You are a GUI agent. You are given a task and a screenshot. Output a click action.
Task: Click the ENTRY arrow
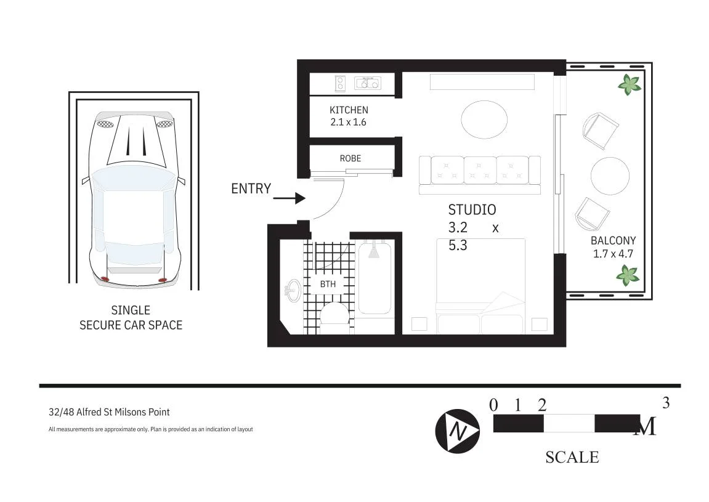[x=290, y=198]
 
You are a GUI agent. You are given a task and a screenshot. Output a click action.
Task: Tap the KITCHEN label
[x=349, y=110]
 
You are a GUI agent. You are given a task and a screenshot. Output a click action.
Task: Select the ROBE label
[x=350, y=158]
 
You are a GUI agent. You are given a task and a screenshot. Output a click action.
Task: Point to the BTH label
[x=328, y=284]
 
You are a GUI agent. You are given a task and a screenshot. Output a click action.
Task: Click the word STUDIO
[x=472, y=210]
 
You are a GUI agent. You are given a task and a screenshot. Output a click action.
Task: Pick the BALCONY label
[x=613, y=241]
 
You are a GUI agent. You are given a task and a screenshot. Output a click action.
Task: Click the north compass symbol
[x=457, y=431]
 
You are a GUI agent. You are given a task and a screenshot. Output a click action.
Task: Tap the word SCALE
[x=572, y=457]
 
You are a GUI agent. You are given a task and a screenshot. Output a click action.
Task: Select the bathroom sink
[x=293, y=290]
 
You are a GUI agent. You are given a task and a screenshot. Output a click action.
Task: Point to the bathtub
[x=375, y=278]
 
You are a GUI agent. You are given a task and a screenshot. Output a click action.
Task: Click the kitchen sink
[x=368, y=83]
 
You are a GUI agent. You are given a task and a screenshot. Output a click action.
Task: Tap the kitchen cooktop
[x=340, y=83]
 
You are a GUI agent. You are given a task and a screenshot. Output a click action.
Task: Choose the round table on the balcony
[x=610, y=176]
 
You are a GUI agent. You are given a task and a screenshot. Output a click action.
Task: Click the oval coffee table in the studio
[x=484, y=120]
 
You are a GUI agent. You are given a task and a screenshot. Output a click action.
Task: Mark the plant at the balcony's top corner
[x=629, y=84]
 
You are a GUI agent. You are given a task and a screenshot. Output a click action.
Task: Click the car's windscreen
[x=134, y=178]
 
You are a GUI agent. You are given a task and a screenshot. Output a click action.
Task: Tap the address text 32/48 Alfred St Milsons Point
[x=109, y=412]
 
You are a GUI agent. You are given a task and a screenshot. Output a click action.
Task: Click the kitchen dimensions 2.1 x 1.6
[x=348, y=122]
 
